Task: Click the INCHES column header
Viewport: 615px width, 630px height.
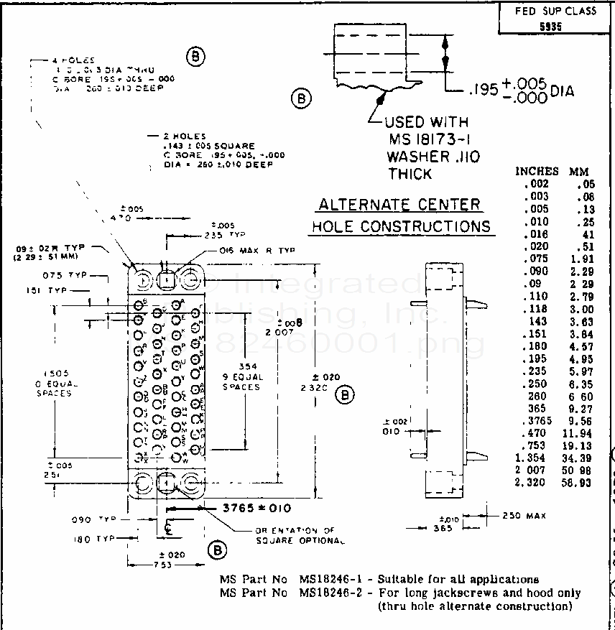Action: (536, 172)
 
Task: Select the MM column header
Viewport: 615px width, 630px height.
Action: (579, 172)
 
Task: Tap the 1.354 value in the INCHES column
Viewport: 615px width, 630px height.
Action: (532, 458)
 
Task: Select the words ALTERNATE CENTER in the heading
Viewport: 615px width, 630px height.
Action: (399, 205)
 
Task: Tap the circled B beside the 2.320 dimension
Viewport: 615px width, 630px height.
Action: (346, 394)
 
